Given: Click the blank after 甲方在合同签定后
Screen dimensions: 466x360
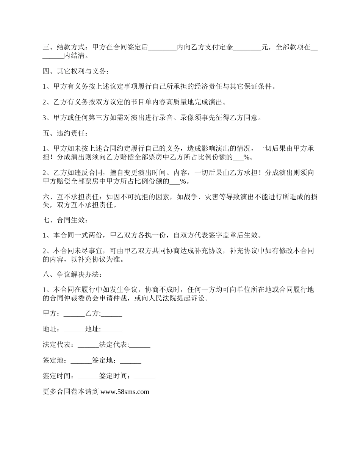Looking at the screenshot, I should (x=162, y=48).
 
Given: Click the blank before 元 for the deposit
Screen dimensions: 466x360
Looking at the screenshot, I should (x=247, y=48).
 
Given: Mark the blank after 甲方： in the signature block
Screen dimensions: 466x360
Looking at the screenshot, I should (x=74, y=314).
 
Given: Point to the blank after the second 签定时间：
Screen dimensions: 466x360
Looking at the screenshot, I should (x=144, y=376).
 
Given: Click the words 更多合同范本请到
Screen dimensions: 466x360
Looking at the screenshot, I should (x=71, y=392).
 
